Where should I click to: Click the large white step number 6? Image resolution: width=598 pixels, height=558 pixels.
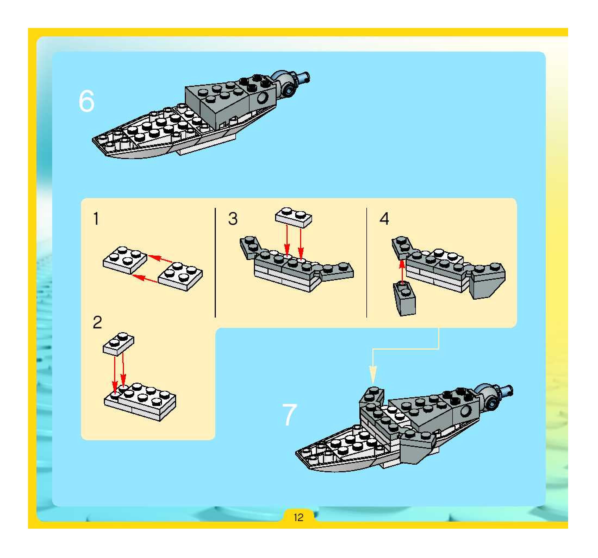tap(87, 102)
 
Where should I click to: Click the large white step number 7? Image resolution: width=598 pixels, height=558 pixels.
tap(289, 415)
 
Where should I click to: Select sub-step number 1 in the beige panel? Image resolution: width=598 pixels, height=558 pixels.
tap(96, 219)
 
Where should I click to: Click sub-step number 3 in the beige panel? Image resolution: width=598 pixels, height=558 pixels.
tap(233, 219)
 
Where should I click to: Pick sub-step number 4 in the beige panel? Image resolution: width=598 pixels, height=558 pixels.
tap(384, 219)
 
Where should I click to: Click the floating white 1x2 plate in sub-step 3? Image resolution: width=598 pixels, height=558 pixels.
tap(294, 217)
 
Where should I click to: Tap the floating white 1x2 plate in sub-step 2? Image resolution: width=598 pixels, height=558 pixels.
tap(119, 344)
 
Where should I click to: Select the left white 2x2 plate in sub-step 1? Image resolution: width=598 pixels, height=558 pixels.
tap(125, 260)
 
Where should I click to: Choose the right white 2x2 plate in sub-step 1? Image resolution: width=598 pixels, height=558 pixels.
tap(180, 276)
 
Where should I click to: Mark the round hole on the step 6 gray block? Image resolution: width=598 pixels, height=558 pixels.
tap(263, 98)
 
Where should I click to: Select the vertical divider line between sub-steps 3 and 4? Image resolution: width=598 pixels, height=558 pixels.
tap(367, 262)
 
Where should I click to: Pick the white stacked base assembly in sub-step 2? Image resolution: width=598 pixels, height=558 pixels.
tap(140, 401)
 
